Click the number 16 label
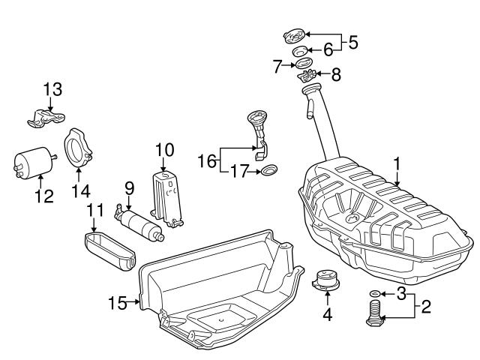[x=207, y=160]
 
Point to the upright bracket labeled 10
[x=166, y=197]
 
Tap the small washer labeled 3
[x=376, y=292]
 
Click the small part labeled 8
[x=307, y=75]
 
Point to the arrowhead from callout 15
[x=140, y=302]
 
